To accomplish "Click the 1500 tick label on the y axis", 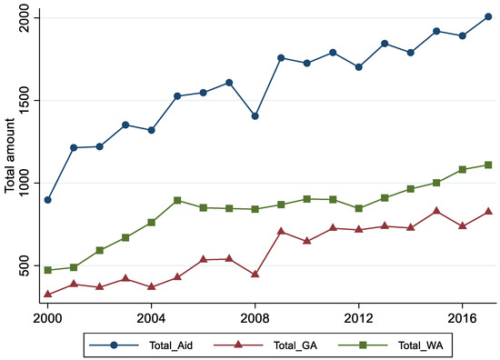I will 28,100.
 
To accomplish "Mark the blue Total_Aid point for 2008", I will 255,116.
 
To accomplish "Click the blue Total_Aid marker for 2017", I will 488,16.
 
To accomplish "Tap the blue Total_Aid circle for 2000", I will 48,200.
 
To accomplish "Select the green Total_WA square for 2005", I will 177,200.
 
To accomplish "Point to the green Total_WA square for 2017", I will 488,165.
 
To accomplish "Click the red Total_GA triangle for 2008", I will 255,274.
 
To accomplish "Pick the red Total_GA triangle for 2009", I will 281,231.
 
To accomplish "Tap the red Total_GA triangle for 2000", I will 48,294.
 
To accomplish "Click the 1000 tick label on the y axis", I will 28,182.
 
